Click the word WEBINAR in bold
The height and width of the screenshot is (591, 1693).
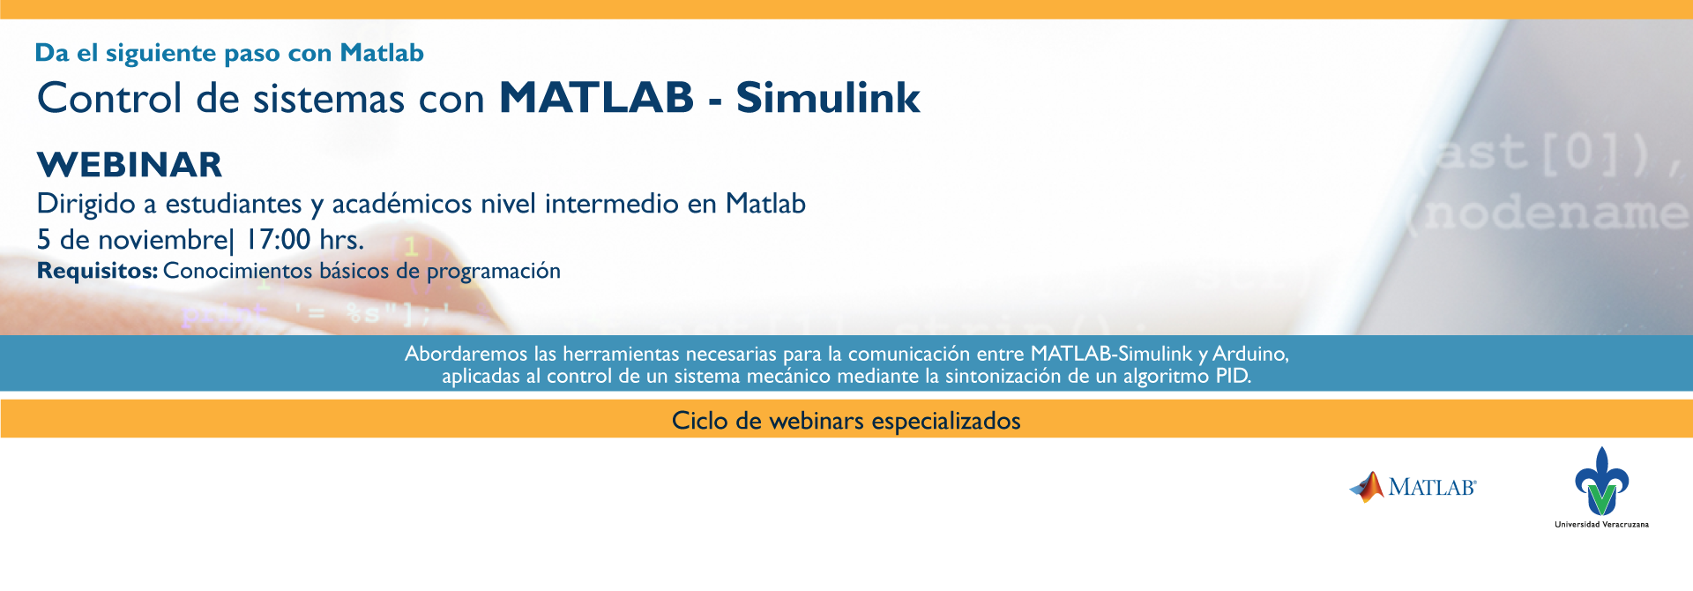(x=130, y=165)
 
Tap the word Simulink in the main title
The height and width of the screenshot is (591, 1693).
(x=828, y=98)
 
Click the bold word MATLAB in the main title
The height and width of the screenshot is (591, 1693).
(x=597, y=98)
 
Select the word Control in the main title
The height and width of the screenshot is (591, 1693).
(x=109, y=98)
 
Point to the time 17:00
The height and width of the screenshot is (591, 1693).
(x=278, y=239)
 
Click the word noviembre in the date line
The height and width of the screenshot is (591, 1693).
(x=162, y=239)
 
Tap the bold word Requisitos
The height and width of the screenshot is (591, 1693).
(x=97, y=271)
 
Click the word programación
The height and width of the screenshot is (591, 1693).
(x=494, y=272)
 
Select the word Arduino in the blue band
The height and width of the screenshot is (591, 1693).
(x=1250, y=354)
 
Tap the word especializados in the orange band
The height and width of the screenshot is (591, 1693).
(x=946, y=422)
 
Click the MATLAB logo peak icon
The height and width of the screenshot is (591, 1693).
(x=1368, y=487)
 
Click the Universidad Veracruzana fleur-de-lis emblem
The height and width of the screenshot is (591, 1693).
(x=1601, y=482)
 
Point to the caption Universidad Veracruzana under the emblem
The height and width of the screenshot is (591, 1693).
(x=1601, y=525)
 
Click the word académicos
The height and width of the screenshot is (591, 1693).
(x=402, y=204)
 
